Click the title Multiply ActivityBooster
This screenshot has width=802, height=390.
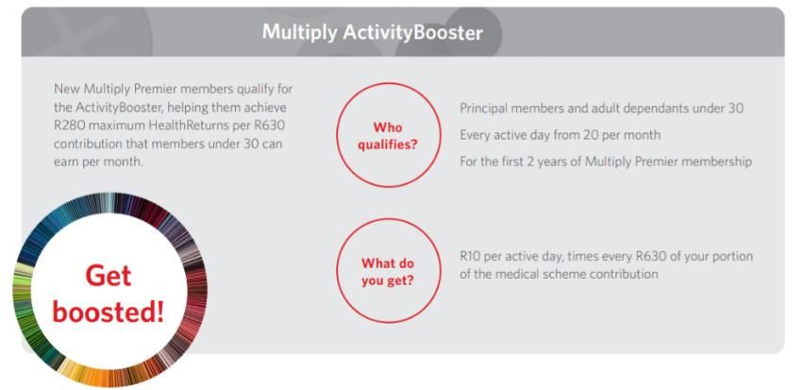(373, 33)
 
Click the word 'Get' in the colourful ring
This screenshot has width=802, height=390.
(109, 277)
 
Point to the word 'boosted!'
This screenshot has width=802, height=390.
(109, 312)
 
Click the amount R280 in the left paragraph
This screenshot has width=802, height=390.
(66, 126)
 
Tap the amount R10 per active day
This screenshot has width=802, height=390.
(471, 256)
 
